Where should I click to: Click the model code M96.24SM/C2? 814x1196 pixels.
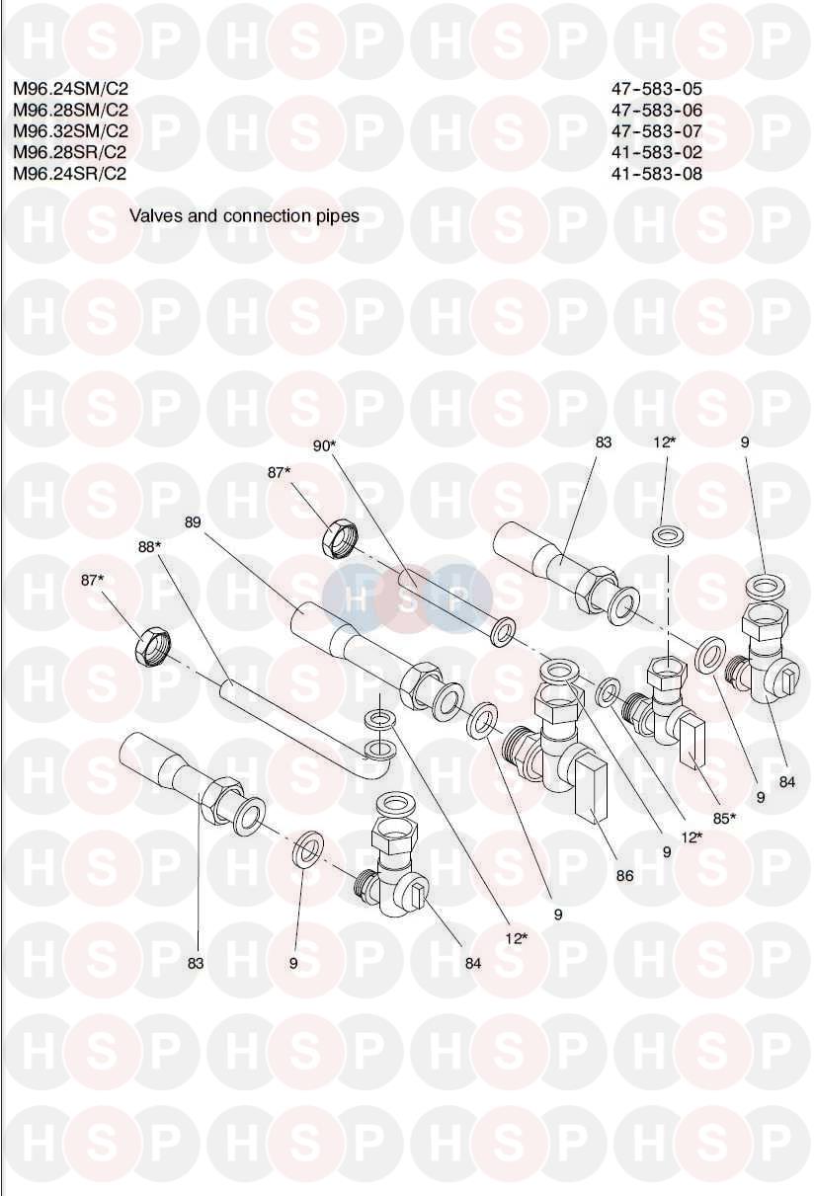point(70,88)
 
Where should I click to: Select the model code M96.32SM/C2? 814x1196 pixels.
point(70,130)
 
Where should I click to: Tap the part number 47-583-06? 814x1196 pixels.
point(656,110)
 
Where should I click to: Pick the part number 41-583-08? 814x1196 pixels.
point(656,174)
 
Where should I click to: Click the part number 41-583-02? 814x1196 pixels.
point(656,152)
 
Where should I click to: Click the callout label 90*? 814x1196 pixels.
point(325,446)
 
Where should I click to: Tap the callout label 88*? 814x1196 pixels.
point(150,546)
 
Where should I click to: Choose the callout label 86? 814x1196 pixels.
point(624,875)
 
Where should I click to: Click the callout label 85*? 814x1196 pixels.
point(726,818)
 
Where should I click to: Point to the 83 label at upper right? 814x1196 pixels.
point(604,443)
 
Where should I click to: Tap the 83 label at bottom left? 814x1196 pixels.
point(196,963)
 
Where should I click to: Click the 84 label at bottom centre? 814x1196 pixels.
point(472,963)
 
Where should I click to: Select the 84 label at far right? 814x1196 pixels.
point(786,783)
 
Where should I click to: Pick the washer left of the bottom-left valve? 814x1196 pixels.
point(309,847)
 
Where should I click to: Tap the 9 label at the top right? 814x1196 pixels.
point(745,443)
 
